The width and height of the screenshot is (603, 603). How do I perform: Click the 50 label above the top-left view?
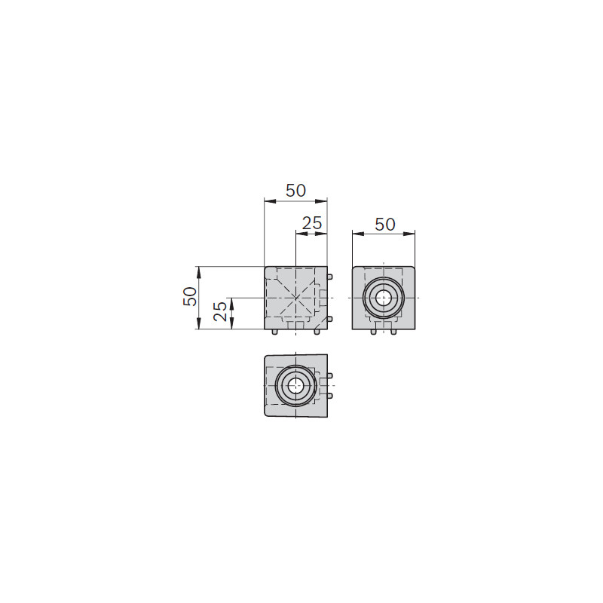pyautogui.click(x=295, y=191)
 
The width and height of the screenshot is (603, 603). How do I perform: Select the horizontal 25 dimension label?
pyautogui.click(x=312, y=223)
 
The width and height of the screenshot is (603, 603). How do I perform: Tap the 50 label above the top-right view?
pyautogui.click(x=385, y=225)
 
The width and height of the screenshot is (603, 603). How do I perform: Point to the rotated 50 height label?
pyautogui.click(x=190, y=296)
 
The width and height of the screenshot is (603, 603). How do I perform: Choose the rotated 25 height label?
pyautogui.click(x=220, y=311)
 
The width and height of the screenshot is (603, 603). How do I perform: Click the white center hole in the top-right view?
pyautogui.click(x=383, y=298)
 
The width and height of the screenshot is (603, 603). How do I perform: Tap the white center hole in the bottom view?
pyautogui.click(x=295, y=385)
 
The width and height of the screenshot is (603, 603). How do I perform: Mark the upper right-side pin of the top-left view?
pyautogui.click(x=329, y=277)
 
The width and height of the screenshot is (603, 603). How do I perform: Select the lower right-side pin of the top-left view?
pyautogui.click(x=329, y=319)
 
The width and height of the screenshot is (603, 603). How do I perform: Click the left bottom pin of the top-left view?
pyautogui.click(x=274, y=332)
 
